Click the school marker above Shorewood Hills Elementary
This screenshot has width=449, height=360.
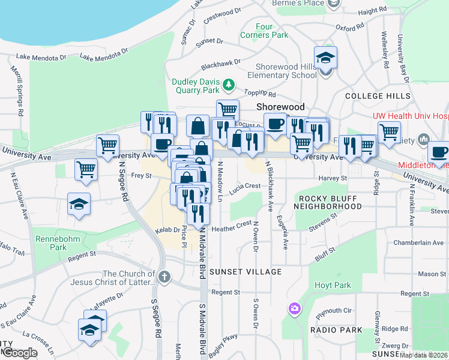325,58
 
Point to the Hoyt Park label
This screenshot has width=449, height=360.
332,285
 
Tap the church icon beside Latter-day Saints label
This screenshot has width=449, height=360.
165,277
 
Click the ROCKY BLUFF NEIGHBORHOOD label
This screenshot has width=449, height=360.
327,202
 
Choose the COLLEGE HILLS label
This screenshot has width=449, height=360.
378,96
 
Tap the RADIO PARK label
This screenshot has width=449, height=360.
336,330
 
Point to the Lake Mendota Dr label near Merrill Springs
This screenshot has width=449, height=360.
41,58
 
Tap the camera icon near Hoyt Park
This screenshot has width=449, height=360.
295,308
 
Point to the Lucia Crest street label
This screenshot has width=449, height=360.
248,186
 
